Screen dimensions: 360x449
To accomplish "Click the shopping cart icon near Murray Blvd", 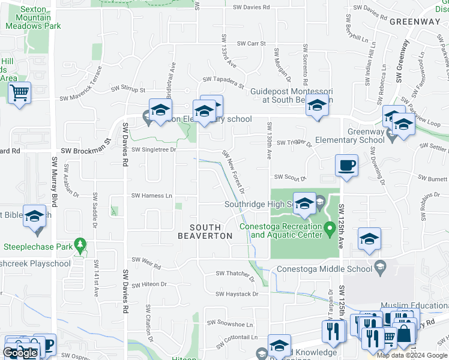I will click(20, 93).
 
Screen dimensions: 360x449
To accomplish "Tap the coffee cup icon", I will click(347, 165).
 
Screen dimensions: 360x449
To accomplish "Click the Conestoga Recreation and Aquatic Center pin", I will click(329, 229).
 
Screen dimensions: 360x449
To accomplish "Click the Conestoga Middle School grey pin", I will click(380, 265).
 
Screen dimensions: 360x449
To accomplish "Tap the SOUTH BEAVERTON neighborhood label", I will click(205, 232).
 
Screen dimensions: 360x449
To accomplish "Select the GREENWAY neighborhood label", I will click(414, 22).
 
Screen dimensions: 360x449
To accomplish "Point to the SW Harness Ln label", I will click(152, 196).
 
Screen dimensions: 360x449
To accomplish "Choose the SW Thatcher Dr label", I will click(236, 274).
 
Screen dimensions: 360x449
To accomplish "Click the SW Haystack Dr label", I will click(237, 294).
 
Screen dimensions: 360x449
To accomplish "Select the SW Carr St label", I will click(251, 43).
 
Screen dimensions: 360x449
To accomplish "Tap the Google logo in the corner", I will click(20, 353).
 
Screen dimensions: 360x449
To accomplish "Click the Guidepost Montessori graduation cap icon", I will click(316, 106).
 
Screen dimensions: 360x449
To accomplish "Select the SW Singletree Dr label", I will click(154, 149).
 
